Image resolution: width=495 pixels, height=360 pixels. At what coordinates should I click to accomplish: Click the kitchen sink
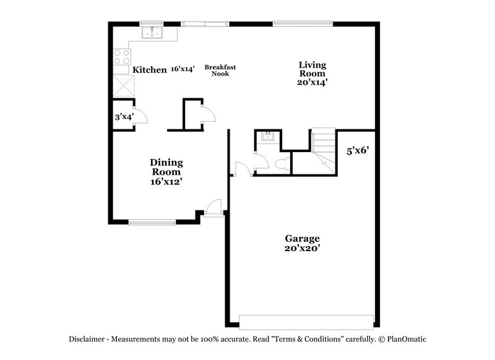coord(152,32)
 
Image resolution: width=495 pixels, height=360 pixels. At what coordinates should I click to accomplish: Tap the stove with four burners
coord(121,58)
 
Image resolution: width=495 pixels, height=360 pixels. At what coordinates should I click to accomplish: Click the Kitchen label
coord(150,70)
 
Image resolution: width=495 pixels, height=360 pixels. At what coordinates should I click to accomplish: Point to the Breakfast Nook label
coord(220,70)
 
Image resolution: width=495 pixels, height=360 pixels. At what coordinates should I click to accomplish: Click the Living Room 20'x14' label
coord(312,73)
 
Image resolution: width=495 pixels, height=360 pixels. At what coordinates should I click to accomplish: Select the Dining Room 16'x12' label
coord(166,172)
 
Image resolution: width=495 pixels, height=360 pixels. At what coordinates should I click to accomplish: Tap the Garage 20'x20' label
coord(302,242)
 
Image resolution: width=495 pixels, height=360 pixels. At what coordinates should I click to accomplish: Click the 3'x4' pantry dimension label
coord(124,116)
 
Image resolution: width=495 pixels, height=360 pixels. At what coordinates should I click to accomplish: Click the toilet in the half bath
coord(282,164)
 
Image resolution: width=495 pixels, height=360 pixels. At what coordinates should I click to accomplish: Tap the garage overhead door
coord(306,322)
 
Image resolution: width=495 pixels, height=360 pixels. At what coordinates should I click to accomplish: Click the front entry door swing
coord(213,206)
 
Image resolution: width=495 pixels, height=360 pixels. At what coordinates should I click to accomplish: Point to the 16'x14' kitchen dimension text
coord(183,70)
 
